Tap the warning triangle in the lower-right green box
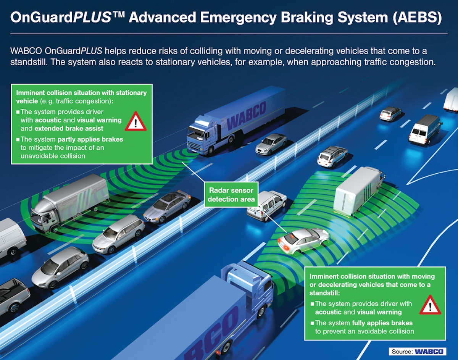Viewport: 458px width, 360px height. click(x=430, y=305)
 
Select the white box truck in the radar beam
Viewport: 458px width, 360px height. click(x=358, y=190)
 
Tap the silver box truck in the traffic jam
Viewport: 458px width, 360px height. click(x=69, y=204)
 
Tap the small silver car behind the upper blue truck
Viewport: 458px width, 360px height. click(x=271, y=144)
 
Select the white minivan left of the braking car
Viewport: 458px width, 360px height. click(x=266, y=205)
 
